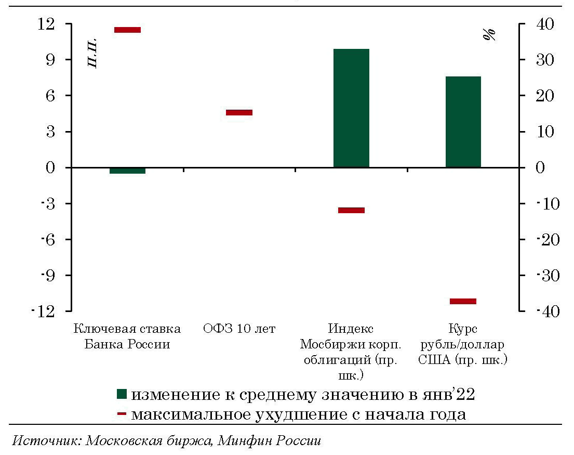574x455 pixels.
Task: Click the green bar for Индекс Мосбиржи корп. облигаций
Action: coord(351,108)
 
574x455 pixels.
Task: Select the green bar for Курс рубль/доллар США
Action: coord(463,122)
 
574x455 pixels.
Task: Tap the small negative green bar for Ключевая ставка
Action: coord(127,171)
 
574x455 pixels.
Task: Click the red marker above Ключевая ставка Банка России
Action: coord(127,30)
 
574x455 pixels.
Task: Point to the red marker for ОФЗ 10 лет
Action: coord(239,112)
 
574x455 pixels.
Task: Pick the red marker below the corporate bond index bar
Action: coord(351,210)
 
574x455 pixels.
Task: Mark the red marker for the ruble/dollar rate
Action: coord(463,301)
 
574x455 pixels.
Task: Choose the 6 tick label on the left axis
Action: coord(50,96)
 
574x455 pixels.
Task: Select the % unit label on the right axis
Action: coord(489,35)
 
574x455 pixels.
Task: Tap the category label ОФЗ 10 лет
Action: coord(239,329)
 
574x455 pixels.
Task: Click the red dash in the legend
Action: coord(122,414)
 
